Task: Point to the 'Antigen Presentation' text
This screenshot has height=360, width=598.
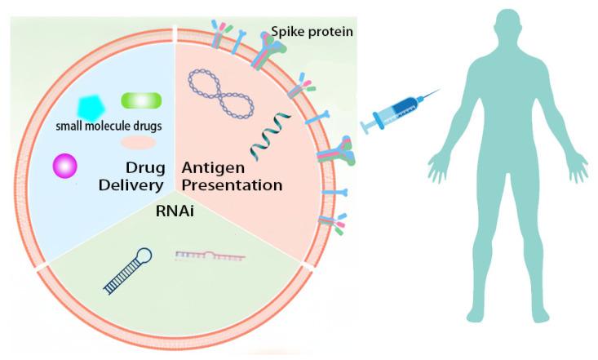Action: (x=233, y=176)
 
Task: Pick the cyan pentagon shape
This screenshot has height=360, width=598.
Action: (x=93, y=107)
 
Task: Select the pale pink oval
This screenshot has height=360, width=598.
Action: (x=138, y=143)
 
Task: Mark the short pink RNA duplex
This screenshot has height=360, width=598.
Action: (x=210, y=256)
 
